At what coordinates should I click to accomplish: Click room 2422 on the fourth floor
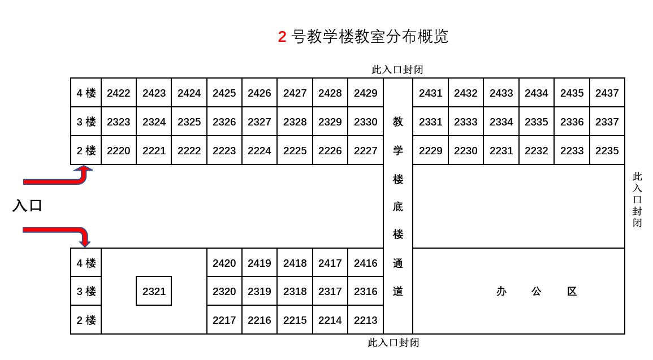(119, 93)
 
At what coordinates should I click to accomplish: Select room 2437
(607, 93)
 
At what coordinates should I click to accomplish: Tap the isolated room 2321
(154, 292)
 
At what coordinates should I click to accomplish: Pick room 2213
(365, 320)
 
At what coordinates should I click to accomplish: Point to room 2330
(365, 122)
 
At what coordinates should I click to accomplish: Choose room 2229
(430, 151)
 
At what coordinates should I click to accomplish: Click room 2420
(224, 263)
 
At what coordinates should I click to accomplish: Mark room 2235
(607, 151)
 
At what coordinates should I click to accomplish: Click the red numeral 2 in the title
(282, 37)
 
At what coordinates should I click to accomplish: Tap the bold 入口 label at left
(28, 206)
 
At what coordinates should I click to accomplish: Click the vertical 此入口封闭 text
(637, 199)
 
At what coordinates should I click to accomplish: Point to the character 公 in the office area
(536, 292)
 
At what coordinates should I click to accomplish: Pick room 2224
(259, 151)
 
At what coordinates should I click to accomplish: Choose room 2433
(501, 93)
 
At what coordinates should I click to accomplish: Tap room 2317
(330, 292)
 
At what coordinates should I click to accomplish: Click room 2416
(365, 263)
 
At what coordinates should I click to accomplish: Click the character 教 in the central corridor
(398, 122)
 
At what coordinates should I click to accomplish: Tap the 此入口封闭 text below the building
(393, 343)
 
